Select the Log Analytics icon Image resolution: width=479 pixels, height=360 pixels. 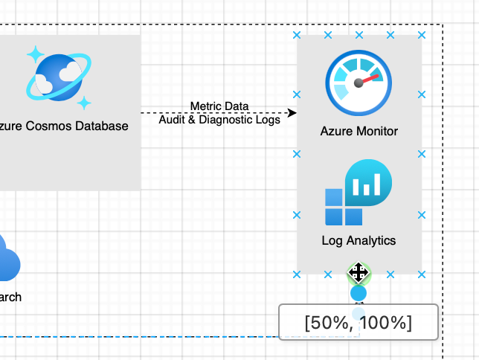coord(358,193)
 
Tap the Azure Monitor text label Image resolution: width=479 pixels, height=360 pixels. coord(359,132)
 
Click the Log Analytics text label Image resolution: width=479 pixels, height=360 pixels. coord(359,241)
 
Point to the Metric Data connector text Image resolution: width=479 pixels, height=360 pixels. coord(219,106)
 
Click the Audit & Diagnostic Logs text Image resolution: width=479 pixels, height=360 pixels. coord(219,119)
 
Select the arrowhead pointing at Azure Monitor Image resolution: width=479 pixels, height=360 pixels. coord(292,112)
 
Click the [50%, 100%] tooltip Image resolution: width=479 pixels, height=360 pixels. coord(358,323)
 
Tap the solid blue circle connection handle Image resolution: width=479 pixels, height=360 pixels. coord(359,293)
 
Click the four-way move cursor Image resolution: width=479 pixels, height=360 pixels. coord(359,273)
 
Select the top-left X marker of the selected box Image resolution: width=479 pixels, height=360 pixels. coord(297,35)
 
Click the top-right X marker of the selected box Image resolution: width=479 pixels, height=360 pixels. coord(422,35)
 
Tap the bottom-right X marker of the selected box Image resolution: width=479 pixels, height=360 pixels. coord(422,274)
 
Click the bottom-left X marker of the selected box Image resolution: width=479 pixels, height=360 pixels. coord(297,274)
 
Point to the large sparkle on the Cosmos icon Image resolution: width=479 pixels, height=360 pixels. coord(34,55)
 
